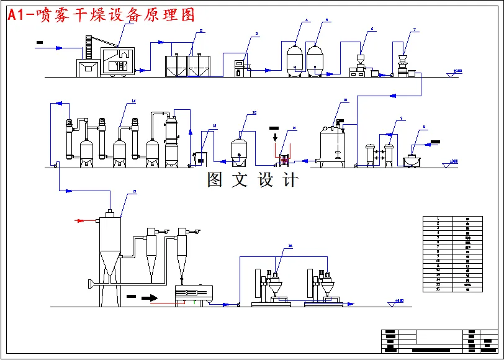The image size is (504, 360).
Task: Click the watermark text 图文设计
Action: pyautogui.click(x=252, y=180)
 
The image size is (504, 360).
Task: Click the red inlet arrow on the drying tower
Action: pyautogui.click(x=82, y=220)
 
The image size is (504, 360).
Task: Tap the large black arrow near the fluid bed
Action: pyautogui.click(x=149, y=297)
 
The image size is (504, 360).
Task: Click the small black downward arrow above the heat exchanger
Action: pyautogui.click(x=275, y=136)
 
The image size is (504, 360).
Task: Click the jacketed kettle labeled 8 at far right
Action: pyautogui.click(x=412, y=160)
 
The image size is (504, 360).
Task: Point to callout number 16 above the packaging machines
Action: pyautogui.click(x=289, y=246)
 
